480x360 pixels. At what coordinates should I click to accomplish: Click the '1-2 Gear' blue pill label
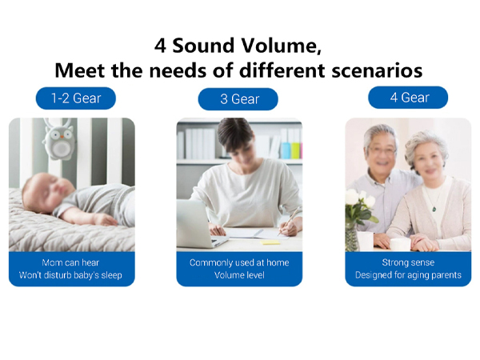click(x=76, y=98)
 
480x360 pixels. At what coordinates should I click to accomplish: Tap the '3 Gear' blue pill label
click(x=238, y=99)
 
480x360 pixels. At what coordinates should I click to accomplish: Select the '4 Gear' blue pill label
click(x=408, y=98)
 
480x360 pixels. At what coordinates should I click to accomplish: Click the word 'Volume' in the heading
click(x=281, y=46)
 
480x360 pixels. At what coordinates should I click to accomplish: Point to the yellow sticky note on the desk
click(x=270, y=242)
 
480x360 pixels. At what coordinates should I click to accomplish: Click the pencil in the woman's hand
click(x=289, y=220)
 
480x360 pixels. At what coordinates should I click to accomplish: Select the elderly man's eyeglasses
click(x=382, y=150)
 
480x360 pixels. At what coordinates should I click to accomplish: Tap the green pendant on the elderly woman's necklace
click(x=434, y=209)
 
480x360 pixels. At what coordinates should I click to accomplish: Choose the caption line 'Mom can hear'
click(x=70, y=262)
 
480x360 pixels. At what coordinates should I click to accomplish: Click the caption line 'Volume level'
click(x=239, y=275)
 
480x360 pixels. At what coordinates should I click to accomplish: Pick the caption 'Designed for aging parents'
click(x=408, y=275)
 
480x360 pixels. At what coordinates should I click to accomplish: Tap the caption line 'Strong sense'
click(x=408, y=262)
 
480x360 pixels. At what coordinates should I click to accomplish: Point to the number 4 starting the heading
click(x=160, y=46)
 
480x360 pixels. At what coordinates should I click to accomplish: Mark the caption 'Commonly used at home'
click(x=239, y=262)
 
